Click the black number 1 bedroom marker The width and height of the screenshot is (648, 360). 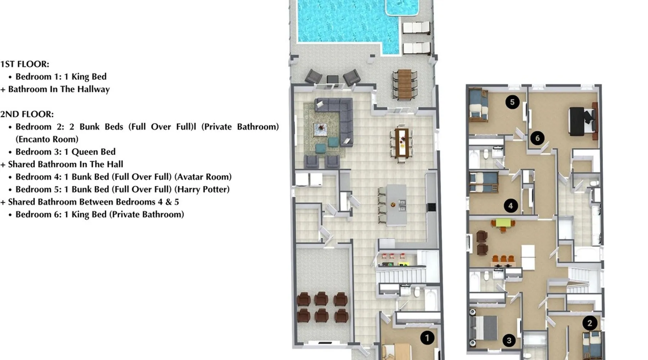427,338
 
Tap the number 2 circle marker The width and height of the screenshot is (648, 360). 590,323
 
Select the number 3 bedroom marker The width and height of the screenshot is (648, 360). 509,340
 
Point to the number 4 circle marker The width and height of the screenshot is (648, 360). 510,206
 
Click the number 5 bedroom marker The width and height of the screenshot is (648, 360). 512,102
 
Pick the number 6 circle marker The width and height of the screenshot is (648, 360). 537,138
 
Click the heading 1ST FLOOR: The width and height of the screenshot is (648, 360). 25,64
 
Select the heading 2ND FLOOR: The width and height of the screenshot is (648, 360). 27,114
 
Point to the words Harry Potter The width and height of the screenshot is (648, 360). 207,189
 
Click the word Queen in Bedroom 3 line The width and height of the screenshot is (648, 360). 85,152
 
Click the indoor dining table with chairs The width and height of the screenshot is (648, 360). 402,143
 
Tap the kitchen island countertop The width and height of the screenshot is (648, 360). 396,205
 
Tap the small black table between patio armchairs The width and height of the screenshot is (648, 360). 332,79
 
